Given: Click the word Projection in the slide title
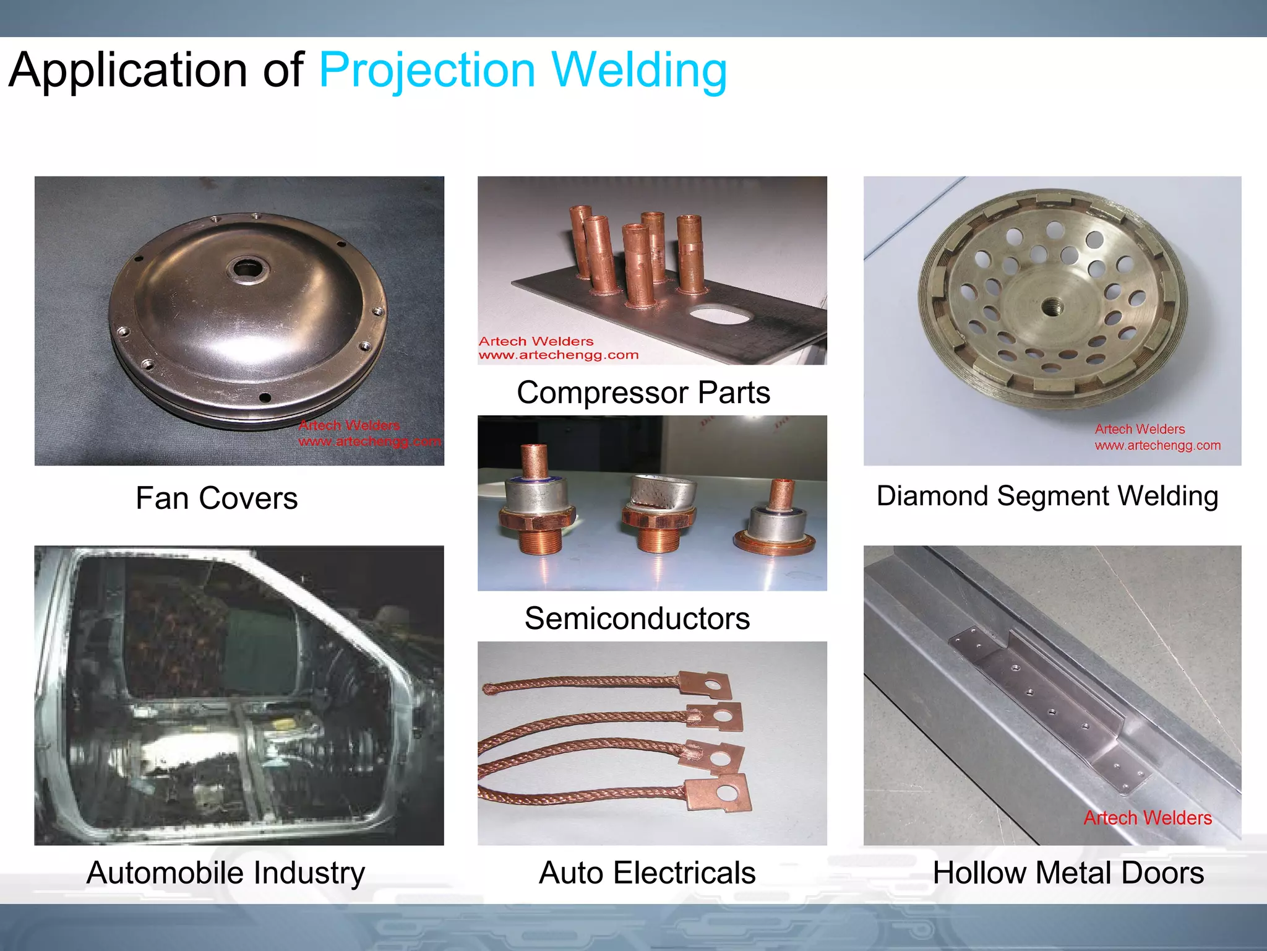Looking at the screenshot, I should click(x=427, y=71).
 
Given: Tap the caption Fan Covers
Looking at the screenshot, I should click(x=217, y=498).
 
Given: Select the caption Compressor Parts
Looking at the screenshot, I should click(x=643, y=393).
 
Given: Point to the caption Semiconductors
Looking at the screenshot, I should click(x=637, y=619).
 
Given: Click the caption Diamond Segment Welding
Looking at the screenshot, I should click(x=1047, y=496).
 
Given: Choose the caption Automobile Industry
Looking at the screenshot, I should click(x=226, y=873).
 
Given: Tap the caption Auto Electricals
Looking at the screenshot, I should click(x=647, y=873).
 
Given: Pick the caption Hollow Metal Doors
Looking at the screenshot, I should click(x=1068, y=873).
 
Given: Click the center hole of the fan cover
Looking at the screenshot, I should click(x=247, y=269).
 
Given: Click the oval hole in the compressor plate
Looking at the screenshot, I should click(x=719, y=315).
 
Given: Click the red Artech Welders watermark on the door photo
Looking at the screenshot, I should click(x=1148, y=818).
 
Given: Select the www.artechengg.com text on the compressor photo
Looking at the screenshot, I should click(x=558, y=355).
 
